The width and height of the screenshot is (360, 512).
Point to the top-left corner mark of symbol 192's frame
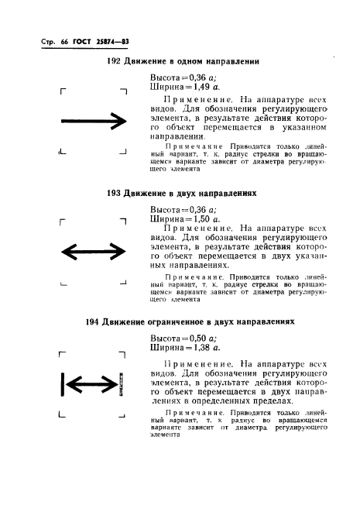[61, 92]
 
